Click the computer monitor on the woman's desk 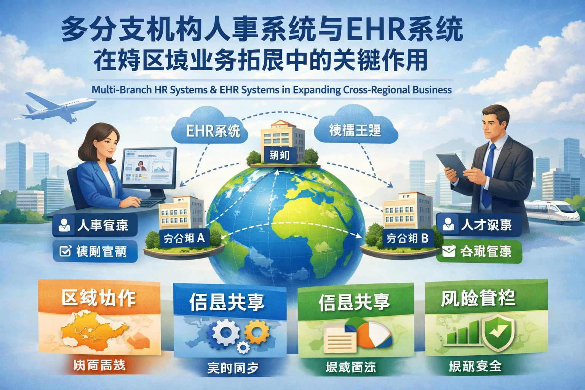[x=149, y=168]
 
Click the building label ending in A [x=184, y=238]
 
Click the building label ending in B [x=408, y=238]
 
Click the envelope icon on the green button [x=449, y=251]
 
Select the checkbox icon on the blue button [x=65, y=251]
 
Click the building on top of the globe [x=282, y=141]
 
